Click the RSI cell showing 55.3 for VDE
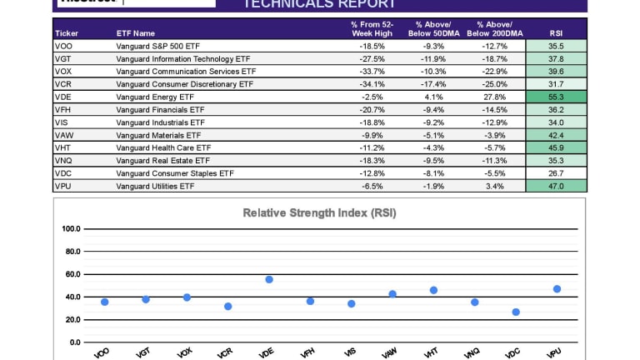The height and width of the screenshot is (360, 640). (x=556, y=97)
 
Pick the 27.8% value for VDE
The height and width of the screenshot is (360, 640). (x=495, y=97)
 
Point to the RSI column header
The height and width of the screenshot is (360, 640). (x=556, y=33)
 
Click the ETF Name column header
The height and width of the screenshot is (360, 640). (x=136, y=33)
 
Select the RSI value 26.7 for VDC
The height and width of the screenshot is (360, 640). (x=556, y=173)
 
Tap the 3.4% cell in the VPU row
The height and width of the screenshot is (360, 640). (x=495, y=186)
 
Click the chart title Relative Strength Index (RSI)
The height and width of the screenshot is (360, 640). (x=319, y=212)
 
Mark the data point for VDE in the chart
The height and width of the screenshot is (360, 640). (x=269, y=279)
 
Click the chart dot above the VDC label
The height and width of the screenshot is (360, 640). (x=516, y=312)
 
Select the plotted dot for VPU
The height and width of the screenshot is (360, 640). (x=557, y=289)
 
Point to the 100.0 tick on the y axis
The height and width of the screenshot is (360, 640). (x=71, y=228)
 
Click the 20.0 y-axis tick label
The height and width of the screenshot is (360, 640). (x=72, y=320)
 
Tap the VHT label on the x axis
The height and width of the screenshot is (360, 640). (x=431, y=353)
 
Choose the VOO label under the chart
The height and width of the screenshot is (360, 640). (x=102, y=353)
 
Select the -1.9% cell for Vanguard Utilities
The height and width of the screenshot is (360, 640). (x=434, y=186)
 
